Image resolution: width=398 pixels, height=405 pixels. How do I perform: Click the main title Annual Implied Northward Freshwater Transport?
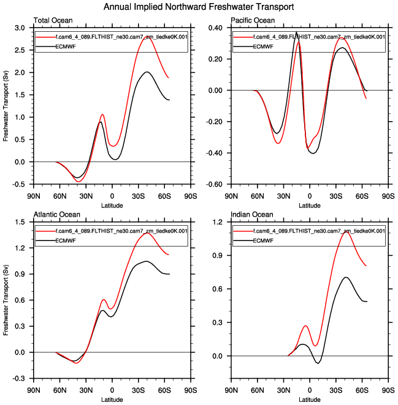[199, 7]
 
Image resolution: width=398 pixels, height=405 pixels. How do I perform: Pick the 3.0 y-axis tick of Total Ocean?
[19, 28]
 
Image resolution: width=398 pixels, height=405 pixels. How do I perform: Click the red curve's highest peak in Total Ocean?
[147, 37]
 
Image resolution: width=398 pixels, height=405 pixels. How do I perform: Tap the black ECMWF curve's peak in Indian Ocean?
[346, 277]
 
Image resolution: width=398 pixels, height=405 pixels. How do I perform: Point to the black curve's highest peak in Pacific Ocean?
[296, 32]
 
